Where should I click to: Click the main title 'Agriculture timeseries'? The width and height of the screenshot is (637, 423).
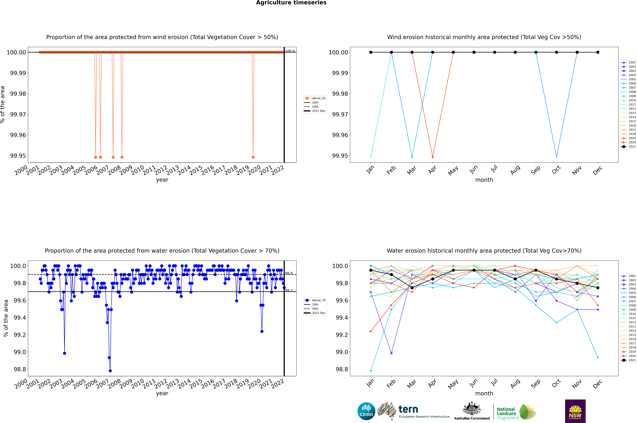291,3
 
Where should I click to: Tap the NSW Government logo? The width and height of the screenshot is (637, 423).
575,411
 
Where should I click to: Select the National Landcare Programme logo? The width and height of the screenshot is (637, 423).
516,412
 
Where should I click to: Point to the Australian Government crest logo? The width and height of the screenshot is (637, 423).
472,411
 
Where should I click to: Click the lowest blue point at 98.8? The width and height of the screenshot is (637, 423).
110,371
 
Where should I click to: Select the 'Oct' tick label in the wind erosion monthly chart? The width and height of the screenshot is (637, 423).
556,170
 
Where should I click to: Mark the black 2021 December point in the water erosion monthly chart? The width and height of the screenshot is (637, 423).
598,288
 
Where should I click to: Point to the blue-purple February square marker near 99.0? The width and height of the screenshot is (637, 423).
391,353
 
